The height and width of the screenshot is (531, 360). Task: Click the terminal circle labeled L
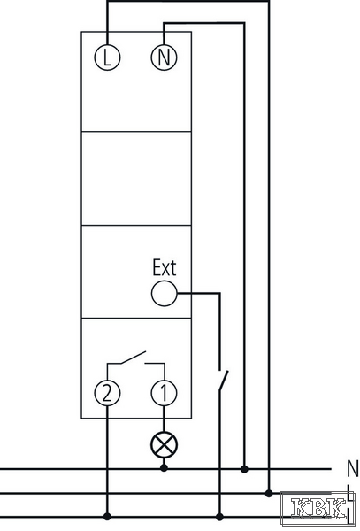pos(107,58)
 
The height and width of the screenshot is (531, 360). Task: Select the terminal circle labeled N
pos(164,58)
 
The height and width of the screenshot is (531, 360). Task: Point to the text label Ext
pos(165,267)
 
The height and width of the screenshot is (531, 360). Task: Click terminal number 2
pos(107,393)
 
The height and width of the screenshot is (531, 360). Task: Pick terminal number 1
pos(164,393)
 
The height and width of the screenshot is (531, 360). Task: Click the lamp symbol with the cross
pos(164,445)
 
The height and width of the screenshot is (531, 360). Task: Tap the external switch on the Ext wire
pos(223,380)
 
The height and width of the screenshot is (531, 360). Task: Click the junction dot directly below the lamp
pos(164,469)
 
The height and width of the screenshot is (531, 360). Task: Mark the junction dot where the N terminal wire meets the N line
pos(244,469)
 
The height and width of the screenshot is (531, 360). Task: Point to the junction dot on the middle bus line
pos(269,493)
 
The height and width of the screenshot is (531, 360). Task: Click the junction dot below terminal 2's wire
pos(107,517)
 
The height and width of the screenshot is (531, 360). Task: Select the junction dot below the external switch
pos(219,517)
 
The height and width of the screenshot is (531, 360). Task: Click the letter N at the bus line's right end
pos(353,469)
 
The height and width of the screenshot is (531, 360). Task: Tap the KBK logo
pos(318,509)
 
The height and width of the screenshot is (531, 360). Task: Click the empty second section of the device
pos(136,178)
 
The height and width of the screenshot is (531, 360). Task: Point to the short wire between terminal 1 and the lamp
pos(164,419)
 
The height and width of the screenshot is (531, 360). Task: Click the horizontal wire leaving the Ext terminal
pos(199,293)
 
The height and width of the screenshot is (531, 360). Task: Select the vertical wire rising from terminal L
pos(107,22)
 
